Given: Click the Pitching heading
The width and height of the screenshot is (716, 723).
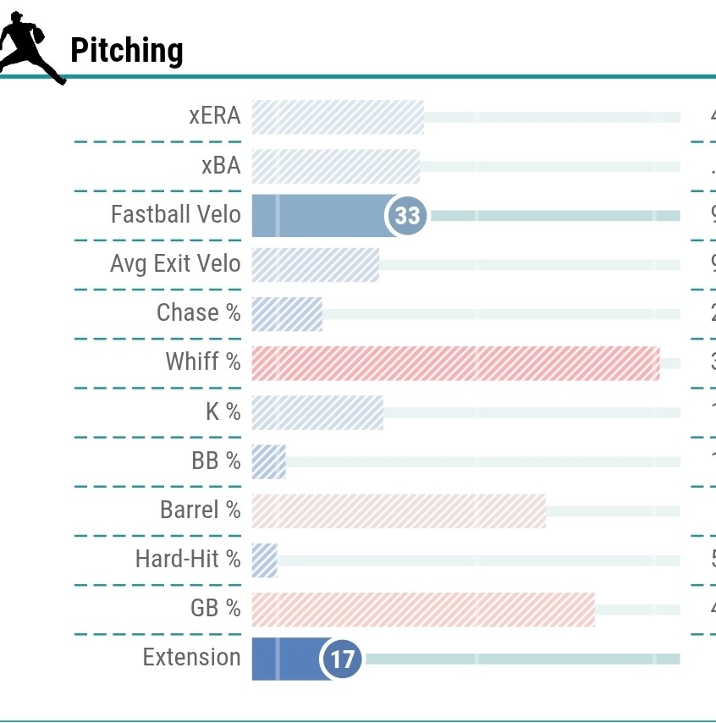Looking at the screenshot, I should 126,51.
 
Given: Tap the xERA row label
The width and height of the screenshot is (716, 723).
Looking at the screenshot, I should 215,116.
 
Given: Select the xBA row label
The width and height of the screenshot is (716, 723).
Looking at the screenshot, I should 221,165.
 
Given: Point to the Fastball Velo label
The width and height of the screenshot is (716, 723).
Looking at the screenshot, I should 176,214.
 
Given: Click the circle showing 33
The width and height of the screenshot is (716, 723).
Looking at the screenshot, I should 407,216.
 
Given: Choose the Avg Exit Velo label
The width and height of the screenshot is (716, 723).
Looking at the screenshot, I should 175,263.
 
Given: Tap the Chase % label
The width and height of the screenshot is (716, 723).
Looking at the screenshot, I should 199,312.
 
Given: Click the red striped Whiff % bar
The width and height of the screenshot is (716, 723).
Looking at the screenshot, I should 455,363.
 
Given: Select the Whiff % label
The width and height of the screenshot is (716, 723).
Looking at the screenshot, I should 203,362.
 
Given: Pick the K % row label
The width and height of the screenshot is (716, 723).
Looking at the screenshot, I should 223,411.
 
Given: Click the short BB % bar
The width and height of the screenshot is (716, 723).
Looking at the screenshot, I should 269,461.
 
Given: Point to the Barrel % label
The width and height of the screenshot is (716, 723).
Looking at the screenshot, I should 201,510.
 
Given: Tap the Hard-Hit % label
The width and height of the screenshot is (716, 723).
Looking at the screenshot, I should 188,559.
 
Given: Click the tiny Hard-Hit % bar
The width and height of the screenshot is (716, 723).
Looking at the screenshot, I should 265,560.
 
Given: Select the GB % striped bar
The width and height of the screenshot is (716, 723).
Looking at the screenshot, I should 423,610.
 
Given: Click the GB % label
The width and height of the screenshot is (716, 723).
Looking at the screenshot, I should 216,608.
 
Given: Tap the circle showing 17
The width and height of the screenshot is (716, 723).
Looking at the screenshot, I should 341,659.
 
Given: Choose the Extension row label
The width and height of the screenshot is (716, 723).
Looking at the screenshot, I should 191,657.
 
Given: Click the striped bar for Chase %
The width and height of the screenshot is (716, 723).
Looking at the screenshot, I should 287,314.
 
